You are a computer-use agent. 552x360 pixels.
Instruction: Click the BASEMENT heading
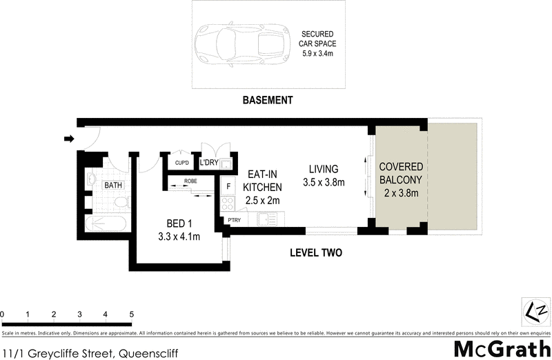tap(268, 100)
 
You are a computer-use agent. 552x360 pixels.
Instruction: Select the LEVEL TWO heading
tap(315, 253)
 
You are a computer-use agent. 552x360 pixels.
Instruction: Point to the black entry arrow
tap(68, 139)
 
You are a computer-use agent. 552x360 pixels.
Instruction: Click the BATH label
tap(113, 186)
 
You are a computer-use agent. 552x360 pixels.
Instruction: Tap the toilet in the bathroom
tap(121, 202)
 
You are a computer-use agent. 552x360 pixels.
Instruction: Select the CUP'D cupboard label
tap(182, 163)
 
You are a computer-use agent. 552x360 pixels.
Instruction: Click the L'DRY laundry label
tap(209, 163)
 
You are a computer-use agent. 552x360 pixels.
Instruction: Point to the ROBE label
tap(190, 181)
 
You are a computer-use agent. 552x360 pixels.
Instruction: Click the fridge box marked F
tap(228, 186)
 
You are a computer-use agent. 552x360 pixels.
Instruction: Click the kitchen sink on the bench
tap(267, 219)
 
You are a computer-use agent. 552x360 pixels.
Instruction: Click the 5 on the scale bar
tap(131, 314)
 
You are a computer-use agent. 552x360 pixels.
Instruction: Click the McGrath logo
tap(502, 349)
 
